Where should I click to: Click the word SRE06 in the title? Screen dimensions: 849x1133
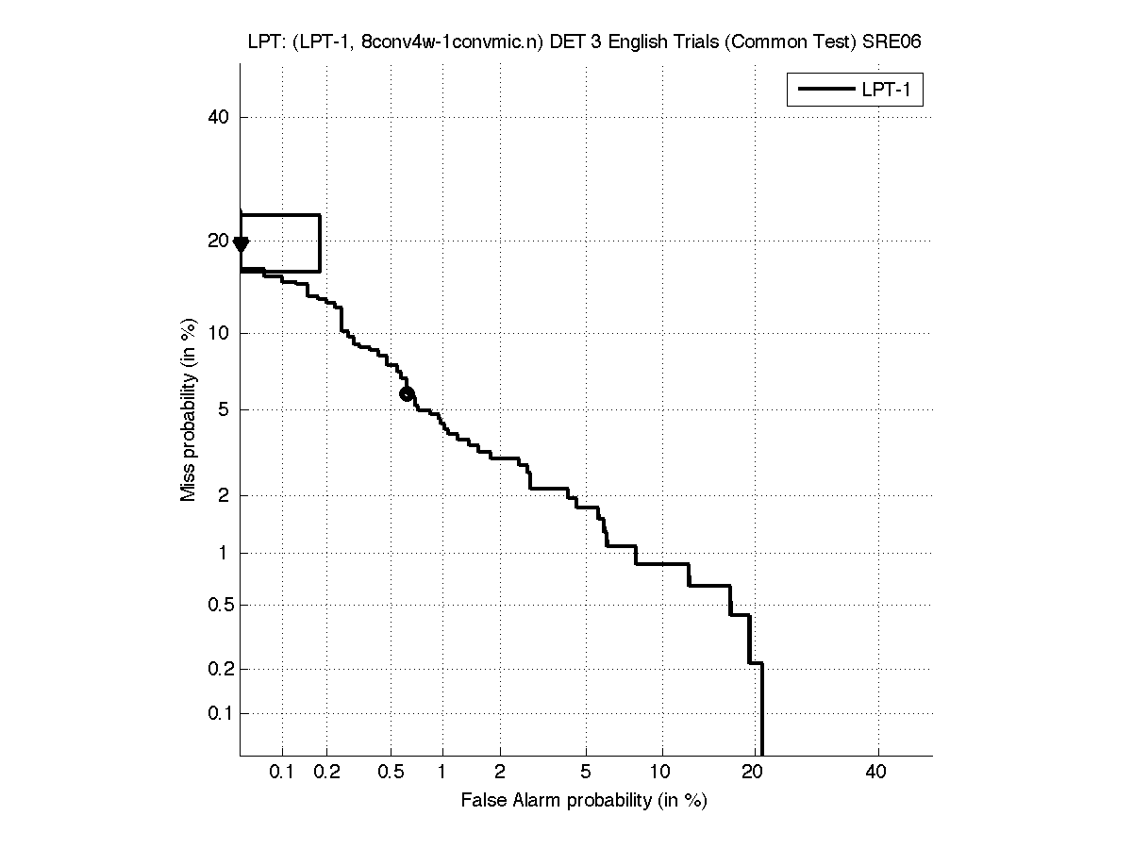coord(896,42)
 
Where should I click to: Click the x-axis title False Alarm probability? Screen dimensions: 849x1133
coord(584,801)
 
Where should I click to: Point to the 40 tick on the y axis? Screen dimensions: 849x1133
coord(219,117)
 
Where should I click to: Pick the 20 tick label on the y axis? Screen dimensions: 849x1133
coord(219,241)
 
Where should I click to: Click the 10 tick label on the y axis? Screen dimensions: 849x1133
coord(219,333)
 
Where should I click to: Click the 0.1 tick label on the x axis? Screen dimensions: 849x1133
coord(282,774)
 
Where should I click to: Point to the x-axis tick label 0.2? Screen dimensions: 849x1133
coord(326,774)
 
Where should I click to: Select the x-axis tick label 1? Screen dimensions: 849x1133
coord(442,774)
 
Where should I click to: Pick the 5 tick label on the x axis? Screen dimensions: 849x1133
coord(586,774)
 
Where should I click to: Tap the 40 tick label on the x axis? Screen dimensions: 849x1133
coord(876,774)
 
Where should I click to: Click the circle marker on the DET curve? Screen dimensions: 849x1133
coord(407,394)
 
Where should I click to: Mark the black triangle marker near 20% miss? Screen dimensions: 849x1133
coord(241,245)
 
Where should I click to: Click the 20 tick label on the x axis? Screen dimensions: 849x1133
coord(752,774)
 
